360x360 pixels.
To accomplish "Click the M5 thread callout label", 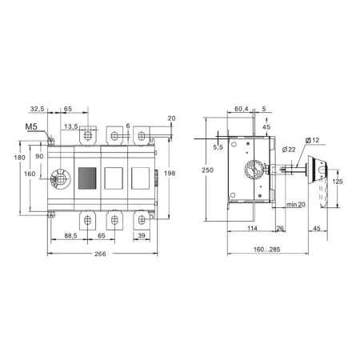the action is (31, 126).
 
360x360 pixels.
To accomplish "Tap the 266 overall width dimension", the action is (100, 254).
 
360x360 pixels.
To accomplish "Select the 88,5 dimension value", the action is (70, 236).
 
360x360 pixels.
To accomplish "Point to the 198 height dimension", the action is (170, 174).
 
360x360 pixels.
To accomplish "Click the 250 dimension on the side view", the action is (207, 170).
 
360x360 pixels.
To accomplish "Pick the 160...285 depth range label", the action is (266, 250).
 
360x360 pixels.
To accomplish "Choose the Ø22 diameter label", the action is (289, 150).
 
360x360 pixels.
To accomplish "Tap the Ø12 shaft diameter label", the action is (312, 140).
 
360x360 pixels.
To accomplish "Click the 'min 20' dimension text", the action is (296, 205).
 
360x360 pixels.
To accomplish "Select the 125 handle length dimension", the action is (338, 182).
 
